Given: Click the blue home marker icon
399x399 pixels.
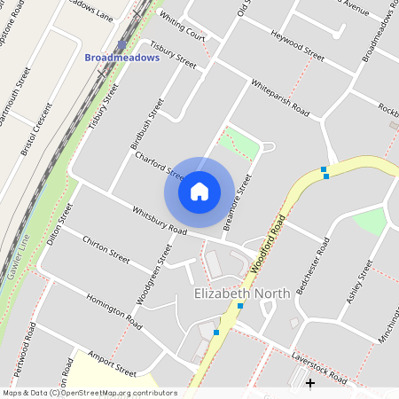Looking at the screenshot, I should (x=199, y=191).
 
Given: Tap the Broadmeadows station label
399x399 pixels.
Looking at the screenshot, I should (x=121, y=58).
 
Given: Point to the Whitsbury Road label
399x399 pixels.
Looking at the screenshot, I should (x=160, y=221).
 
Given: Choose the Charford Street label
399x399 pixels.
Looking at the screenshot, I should (x=160, y=168).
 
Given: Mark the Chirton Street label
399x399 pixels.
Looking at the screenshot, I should (x=106, y=249).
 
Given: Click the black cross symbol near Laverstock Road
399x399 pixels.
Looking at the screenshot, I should (x=310, y=383).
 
